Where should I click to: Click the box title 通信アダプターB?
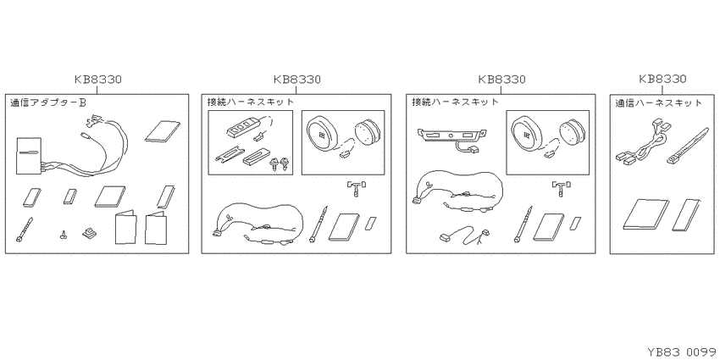pos(48,102)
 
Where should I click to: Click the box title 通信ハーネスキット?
pos(659,102)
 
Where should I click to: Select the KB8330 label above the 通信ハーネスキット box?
pos(662,80)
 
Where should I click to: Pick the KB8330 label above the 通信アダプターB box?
pos(97,80)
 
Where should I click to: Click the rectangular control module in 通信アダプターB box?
pos(29,156)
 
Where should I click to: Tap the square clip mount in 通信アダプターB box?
pos(88,234)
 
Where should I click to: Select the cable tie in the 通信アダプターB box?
pos(25,230)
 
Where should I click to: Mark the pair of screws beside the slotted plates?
pos(280,163)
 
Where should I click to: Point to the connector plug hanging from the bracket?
pos(471,149)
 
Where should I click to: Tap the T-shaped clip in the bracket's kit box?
pos(561,188)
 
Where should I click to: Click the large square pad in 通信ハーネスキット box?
pos(645,213)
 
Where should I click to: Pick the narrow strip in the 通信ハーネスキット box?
pos(686,215)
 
